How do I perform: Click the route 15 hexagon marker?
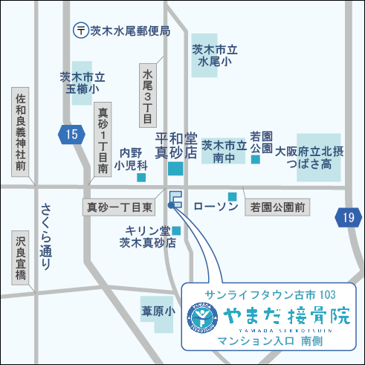click(x=70, y=135)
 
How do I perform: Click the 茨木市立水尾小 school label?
click(x=214, y=56)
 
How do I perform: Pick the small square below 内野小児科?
click(x=142, y=178)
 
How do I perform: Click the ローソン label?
click(x=216, y=206)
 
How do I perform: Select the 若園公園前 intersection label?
click(x=277, y=206)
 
